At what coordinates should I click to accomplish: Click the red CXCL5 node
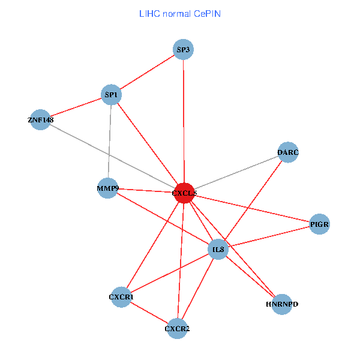pyautogui.click(x=184, y=193)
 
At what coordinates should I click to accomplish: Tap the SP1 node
pyautogui.click(x=112, y=95)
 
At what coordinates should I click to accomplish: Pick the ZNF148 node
pyautogui.click(x=40, y=120)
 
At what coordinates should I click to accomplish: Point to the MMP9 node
pyautogui.click(x=107, y=188)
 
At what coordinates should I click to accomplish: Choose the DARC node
pyautogui.click(x=288, y=152)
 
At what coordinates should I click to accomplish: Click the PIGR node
pyautogui.click(x=319, y=224)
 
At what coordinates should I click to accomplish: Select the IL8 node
pyautogui.click(x=218, y=249)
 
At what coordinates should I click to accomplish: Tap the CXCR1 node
pyautogui.click(x=121, y=297)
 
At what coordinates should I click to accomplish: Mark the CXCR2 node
pyautogui.click(x=177, y=328)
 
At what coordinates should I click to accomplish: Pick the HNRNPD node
pyautogui.click(x=281, y=304)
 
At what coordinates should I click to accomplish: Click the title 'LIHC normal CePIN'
pyautogui.click(x=179, y=13)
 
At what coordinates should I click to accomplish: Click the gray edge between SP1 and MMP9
pyautogui.click(x=110, y=142)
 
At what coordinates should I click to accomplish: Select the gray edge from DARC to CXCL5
pyautogui.click(x=236, y=173)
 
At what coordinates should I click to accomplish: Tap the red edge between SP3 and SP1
pyautogui.click(x=148, y=73)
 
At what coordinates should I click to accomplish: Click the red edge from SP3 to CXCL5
pyautogui.click(x=184, y=120)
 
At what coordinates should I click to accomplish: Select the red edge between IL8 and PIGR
pyautogui.click(x=268, y=237)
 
